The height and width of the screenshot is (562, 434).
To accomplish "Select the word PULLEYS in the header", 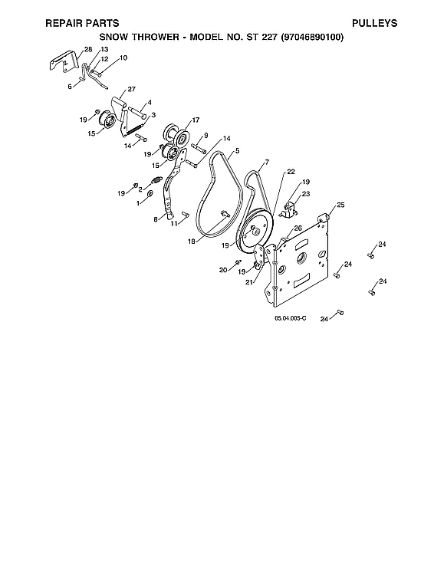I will pos(374,24).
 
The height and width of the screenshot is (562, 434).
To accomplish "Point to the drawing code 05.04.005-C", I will pos(290,317).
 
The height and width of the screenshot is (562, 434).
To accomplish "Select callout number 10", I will pos(123,58).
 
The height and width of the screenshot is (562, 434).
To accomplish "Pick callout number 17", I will pos(196,120).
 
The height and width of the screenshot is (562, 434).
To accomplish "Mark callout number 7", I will pos(266,163).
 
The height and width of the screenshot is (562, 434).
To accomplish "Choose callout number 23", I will pos(307,195).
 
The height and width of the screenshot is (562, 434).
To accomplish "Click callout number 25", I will pos(340,205).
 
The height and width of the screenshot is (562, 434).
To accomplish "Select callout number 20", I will pos(223,270).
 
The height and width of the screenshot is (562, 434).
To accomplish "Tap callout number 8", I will pos(156,219).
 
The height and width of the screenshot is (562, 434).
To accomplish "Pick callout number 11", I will pos(174,223).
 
